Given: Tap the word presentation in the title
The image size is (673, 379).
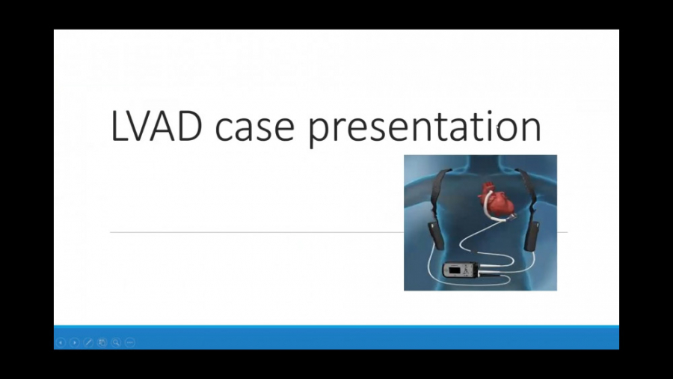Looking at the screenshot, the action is click(x=425, y=127).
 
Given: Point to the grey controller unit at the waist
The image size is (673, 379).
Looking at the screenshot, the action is click(x=460, y=270).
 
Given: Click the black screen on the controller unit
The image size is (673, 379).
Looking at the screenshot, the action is click(x=454, y=270).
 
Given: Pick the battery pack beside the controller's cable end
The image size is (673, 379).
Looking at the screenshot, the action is click(x=532, y=236).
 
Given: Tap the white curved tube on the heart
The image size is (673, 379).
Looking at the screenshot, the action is click(x=486, y=205).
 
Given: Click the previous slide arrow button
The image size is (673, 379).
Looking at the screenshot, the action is click(x=61, y=342).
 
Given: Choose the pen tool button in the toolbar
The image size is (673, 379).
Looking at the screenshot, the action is click(x=88, y=342).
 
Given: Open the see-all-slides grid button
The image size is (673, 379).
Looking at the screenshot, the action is click(x=102, y=342).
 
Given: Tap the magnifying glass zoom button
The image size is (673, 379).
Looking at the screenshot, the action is click(x=116, y=342).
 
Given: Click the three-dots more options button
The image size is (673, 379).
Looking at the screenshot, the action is click(x=129, y=342).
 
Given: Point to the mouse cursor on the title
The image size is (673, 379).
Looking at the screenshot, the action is click(x=497, y=127).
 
